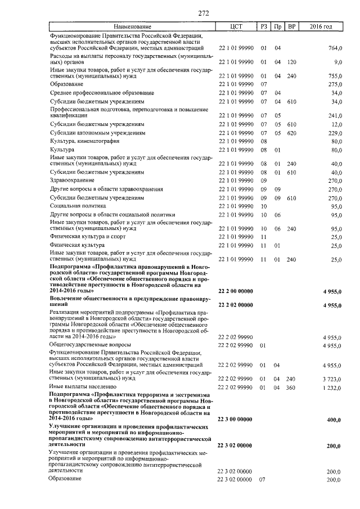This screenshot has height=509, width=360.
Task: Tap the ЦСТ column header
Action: point(236,27)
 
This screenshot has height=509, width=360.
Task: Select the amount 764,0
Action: point(335,49)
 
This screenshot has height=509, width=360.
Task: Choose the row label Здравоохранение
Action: point(72,180)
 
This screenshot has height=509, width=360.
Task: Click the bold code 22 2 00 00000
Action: point(236,291)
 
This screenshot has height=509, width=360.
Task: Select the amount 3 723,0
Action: point(332,379)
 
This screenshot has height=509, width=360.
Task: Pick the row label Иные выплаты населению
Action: point(83,388)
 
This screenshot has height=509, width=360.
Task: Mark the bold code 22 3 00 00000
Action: point(236,420)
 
